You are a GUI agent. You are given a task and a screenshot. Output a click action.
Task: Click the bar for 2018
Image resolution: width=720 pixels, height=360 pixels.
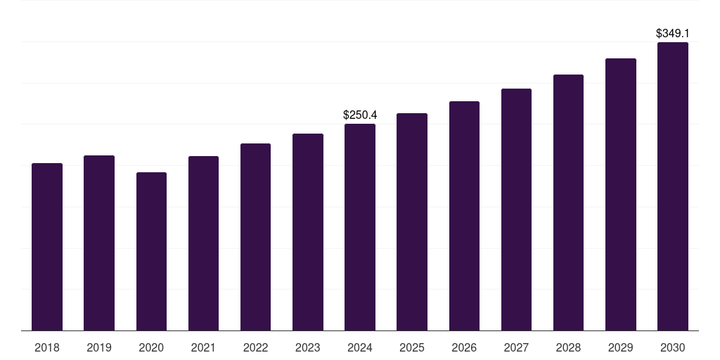click(x=47, y=247)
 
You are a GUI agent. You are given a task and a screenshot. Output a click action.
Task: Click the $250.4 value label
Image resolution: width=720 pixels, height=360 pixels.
click(x=360, y=115)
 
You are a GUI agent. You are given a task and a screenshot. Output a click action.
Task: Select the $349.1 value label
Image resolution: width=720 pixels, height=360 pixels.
click(x=673, y=33)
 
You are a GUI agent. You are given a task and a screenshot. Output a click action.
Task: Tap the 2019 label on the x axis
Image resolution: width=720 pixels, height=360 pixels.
click(x=99, y=347)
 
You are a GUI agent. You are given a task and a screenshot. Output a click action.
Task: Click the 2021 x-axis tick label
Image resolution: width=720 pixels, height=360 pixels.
click(x=203, y=347)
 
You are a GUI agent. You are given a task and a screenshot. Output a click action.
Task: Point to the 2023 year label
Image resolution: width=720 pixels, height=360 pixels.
click(x=308, y=347)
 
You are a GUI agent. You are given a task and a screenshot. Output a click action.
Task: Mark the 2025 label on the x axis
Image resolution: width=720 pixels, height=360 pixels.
click(x=412, y=347)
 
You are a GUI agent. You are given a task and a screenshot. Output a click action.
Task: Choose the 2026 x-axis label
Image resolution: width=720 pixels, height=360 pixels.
click(x=464, y=347)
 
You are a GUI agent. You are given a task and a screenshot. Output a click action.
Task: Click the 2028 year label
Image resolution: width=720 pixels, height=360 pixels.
click(x=568, y=347)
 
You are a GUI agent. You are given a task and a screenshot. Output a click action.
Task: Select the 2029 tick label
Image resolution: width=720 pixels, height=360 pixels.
click(x=621, y=347)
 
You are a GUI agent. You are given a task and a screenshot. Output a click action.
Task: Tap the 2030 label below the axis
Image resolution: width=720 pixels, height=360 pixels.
click(x=673, y=347)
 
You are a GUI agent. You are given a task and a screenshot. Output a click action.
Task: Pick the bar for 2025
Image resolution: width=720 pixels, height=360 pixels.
click(x=412, y=221)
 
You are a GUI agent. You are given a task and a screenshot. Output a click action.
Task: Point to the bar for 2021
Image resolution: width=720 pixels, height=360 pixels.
click(x=203, y=243)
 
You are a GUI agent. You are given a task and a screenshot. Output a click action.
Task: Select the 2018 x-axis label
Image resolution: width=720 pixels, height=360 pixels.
click(x=47, y=347)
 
